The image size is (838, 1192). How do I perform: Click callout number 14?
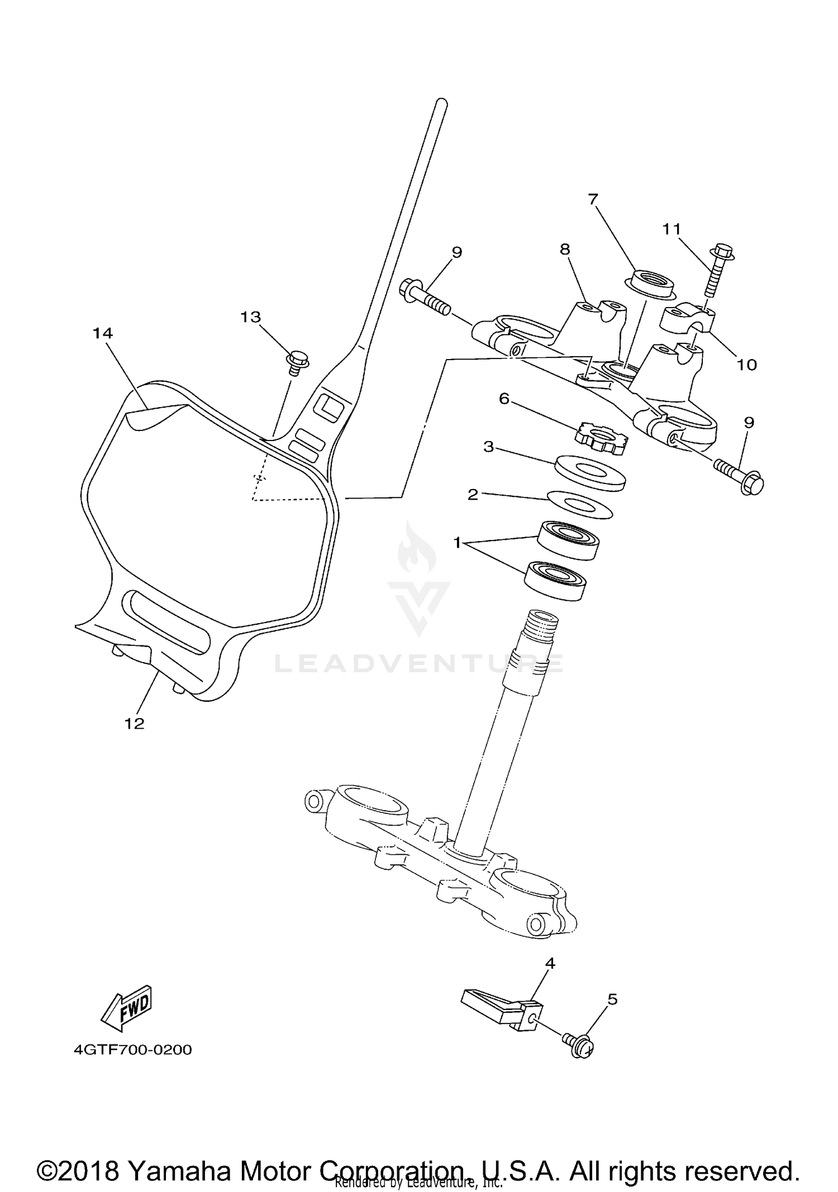[x=103, y=333]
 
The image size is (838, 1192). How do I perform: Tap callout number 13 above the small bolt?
[x=250, y=317]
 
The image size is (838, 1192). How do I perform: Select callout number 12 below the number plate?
[x=135, y=724]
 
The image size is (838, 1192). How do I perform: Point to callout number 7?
[x=593, y=199]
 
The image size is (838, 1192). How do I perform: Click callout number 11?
[x=672, y=228]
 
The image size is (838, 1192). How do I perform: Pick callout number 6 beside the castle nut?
[x=504, y=399]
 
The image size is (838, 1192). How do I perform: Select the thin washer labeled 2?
[x=580, y=505]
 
